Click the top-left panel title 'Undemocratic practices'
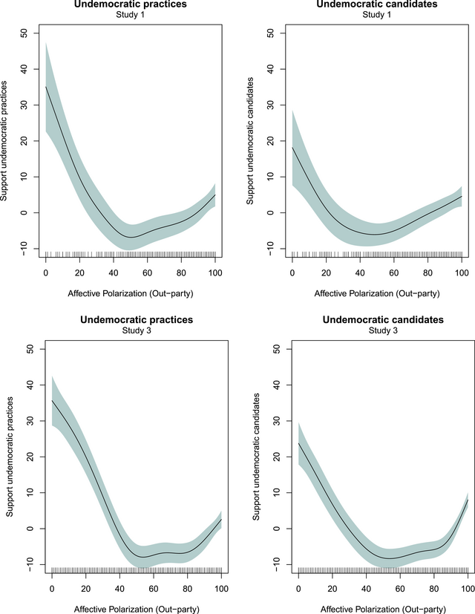click(x=130, y=5)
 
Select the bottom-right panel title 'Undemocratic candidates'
click(x=381, y=320)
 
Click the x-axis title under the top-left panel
click(x=131, y=293)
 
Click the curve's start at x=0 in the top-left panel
click(x=46, y=87)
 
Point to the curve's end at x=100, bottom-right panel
click(x=466, y=500)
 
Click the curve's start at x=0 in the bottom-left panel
click(x=52, y=400)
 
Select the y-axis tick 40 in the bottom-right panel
click(x=276, y=385)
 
